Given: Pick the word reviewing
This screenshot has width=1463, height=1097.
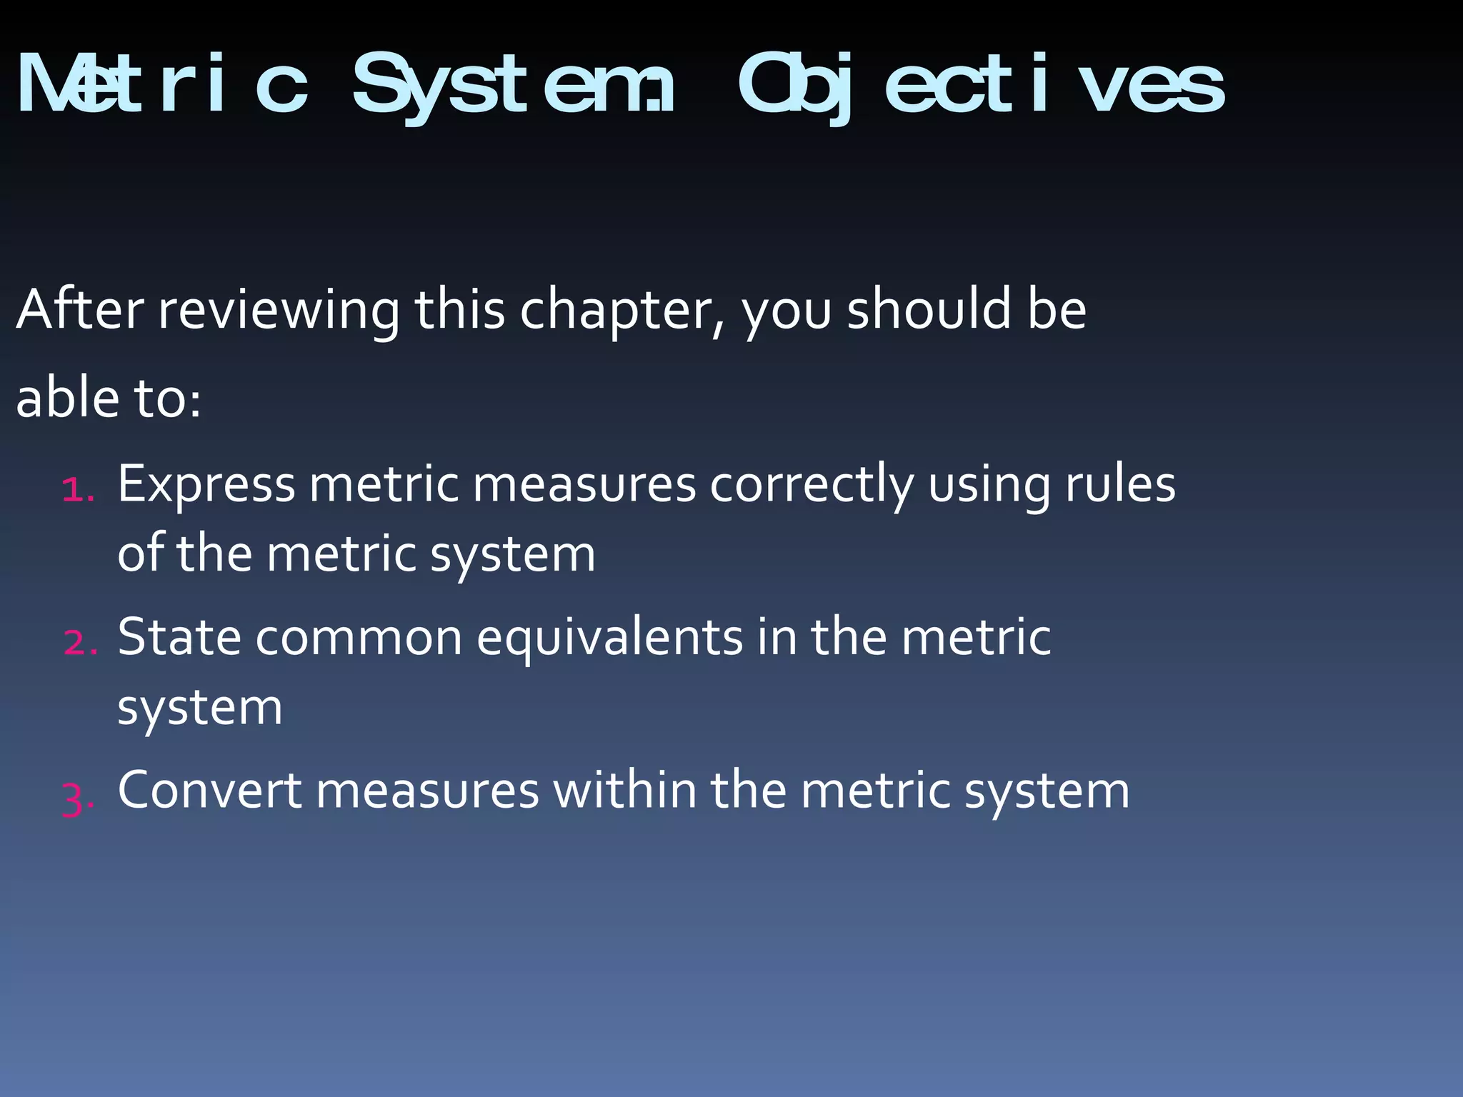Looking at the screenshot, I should (x=279, y=311).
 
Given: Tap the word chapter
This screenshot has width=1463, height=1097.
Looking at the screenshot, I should (x=620, y=311).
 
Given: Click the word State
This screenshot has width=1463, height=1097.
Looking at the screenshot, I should (x=179, y=637).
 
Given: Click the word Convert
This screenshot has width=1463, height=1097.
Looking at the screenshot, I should (x=210, y=791).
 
